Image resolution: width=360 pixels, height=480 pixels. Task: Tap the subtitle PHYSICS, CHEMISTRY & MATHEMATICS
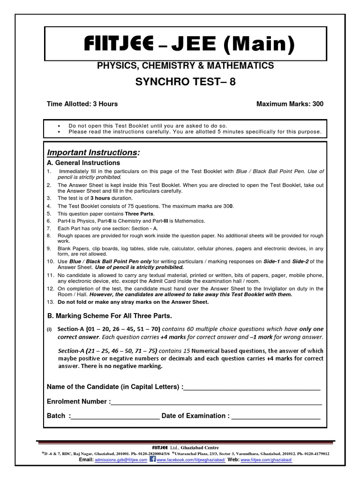(x=185, y=66)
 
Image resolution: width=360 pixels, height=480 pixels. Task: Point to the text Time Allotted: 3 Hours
(x=82, y=104)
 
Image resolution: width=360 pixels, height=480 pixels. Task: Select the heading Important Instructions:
(x=93, y=153)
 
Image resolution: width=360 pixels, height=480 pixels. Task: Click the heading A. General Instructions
(x=83, y=163)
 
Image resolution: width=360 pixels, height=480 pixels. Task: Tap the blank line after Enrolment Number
(x=216, y=402)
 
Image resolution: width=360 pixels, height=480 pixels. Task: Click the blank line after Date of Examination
(x=276, y=416)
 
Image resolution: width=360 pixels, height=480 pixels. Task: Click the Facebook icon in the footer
(x=152, y=460)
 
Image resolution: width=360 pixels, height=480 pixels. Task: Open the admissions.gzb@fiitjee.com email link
(x=121, y=460)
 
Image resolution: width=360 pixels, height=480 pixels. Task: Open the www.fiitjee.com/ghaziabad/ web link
(x=266, y=460)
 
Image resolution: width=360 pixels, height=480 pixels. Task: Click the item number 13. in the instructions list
(x=50, y=302)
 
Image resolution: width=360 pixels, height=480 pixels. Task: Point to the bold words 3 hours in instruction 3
(x=100, y=198)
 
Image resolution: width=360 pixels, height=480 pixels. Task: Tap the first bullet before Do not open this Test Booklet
(x=60, y=126)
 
